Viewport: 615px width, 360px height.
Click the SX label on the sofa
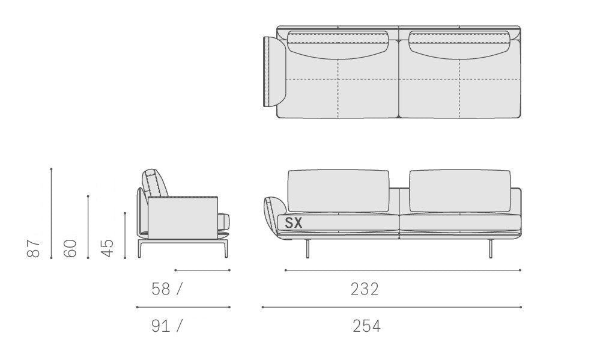click(x=293, y=223)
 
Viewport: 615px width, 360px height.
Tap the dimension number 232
click(x=365, y=289)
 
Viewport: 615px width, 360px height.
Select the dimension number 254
click(x=366, y=326)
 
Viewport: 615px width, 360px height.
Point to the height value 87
click(x=34, y=248)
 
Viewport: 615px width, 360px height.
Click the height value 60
click(x=70, y=248)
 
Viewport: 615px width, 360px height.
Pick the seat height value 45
click(x=107, y=248)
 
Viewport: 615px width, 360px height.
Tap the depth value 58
click(x=161, y=289)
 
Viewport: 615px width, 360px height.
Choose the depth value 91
click(x=161, y=326)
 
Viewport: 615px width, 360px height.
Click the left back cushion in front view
click(x=339, y=192)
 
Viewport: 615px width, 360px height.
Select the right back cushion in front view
click(x=459, y=192)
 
